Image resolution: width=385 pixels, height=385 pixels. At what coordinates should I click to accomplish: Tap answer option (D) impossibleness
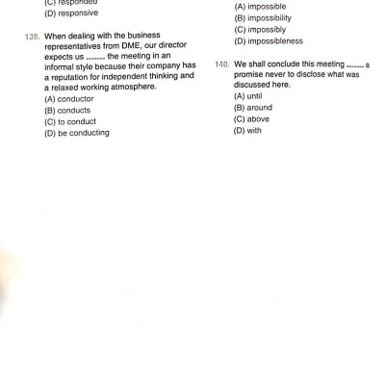coord(269,42)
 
